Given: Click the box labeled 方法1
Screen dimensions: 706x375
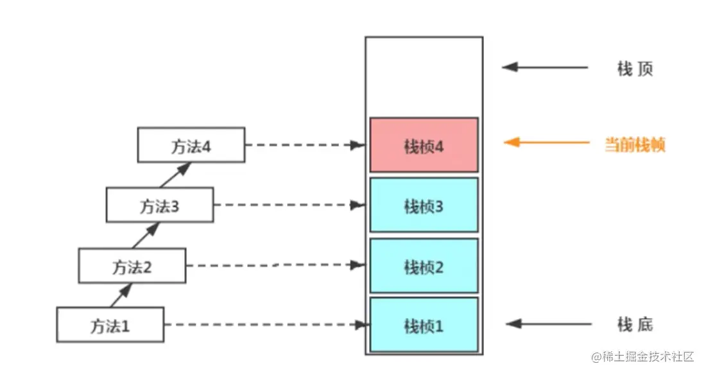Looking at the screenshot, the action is click(x=110, y=324).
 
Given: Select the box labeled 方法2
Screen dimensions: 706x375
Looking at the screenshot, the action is click(x=132, y=265).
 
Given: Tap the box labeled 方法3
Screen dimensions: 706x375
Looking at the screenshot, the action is click(x=160, y=205).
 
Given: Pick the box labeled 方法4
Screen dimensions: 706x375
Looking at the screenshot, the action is click(x=191, y=144).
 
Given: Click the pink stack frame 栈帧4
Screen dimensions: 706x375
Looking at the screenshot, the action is click(x=424, y=145).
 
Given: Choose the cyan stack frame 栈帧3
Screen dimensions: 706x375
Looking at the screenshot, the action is click(x=424, y=205).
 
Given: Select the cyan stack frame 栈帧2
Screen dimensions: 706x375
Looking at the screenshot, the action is click(x=424, y=266).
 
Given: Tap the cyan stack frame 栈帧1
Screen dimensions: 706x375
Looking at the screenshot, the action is click(x=424, y=324).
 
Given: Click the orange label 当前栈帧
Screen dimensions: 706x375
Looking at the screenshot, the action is click(x=634, y=144).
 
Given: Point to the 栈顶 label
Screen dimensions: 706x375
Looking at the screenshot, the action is click(x=635, y=69).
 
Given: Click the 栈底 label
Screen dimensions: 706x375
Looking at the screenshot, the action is click(x=635, y=324).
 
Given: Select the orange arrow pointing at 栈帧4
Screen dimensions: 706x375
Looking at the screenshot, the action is click(x=546, y=143).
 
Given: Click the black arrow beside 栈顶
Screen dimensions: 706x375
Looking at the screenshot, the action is click(x=545, y=67).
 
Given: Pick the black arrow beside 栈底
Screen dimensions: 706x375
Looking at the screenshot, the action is click(x=548, y=324).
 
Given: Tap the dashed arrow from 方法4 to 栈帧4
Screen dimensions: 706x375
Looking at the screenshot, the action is click(x=306, y=145).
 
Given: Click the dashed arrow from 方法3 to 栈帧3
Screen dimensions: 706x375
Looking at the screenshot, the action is click(x=289, y=205).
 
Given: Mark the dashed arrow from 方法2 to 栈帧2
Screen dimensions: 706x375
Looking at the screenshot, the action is click(x=275, y=265).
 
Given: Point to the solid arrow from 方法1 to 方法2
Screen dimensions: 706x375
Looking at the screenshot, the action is click(x=121, y=295).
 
